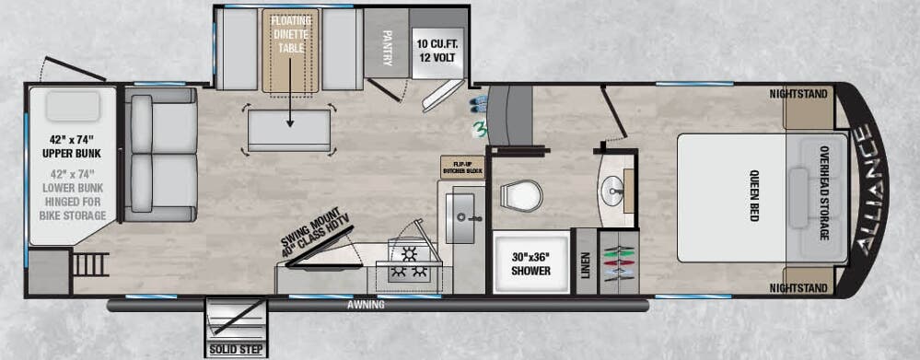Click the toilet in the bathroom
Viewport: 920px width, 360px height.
pyautogui.click(x=521, y=196)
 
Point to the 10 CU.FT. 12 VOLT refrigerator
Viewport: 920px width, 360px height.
pyautogui.click(x=437, y=49)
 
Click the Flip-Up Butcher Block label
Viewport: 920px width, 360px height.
pyautogui.click(x=462, y=166)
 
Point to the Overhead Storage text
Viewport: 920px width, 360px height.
pyautogui.click(x=822, y=193)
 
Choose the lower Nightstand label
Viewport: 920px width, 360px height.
pyautogui.click(x=798, y=288)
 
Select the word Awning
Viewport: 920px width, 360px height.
pyautogui.click(x=366, y=304)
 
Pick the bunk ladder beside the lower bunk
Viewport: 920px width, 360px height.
pyautogui.click(x=89, y=264)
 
